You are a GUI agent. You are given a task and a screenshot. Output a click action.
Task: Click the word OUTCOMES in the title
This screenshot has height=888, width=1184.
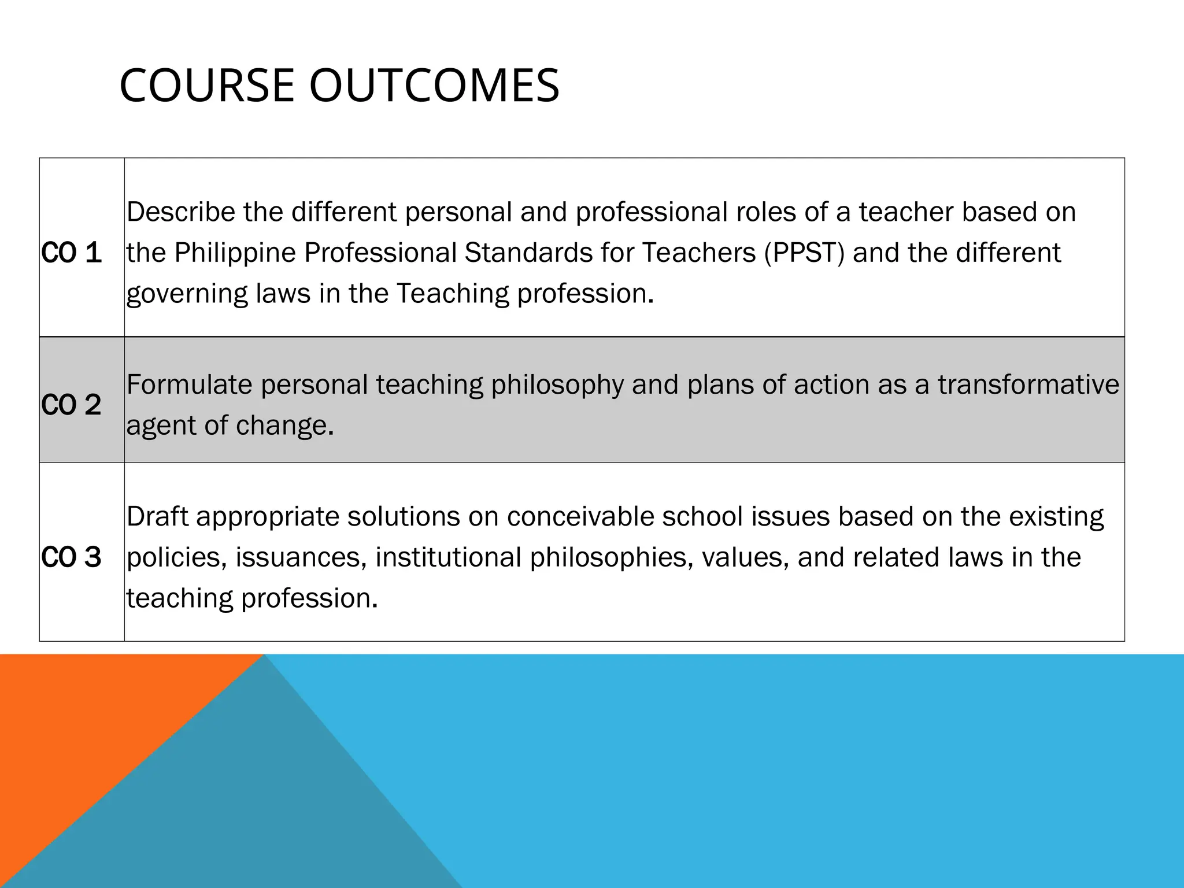(x=434, y=86)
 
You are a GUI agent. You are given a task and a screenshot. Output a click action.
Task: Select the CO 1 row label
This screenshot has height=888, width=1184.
(x=72, y=253)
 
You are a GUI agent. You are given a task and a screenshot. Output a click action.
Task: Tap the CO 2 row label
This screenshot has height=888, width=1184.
(x=72, y=405)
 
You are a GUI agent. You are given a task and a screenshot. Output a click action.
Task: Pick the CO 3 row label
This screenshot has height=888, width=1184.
(x=72, y=557)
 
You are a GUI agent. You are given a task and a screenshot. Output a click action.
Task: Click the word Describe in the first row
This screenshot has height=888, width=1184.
(x=181, y=212)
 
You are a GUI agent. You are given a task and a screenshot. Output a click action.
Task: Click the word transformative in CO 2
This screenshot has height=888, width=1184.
(x=1028, y=385)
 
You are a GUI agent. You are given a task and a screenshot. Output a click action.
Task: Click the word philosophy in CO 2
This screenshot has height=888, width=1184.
(x=557, y=385)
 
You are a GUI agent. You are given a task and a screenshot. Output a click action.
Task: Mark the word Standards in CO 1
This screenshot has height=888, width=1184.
(x=528, y=253)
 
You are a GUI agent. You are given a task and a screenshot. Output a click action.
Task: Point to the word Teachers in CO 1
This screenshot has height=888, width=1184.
(x=699, y=253)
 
